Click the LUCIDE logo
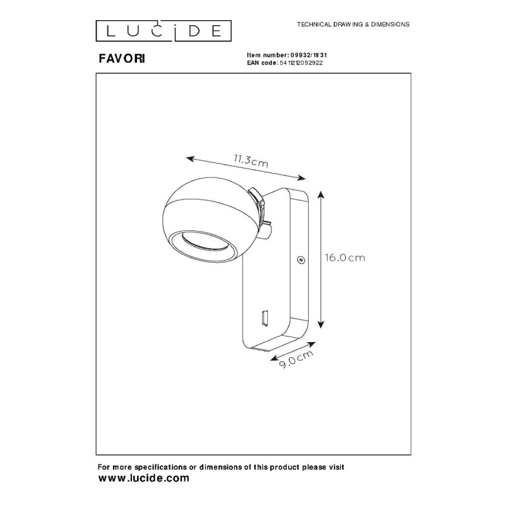pos(163,31)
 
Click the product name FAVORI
pos(122,59)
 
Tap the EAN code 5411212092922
pos(301,62)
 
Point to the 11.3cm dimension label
pos(251,160)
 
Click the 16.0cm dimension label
pos(345,258)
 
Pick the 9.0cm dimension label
pos(296,359)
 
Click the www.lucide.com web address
pos(144,478)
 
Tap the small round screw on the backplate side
pos(301,259)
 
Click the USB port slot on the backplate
pos(264,318)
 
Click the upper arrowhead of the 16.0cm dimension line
pos(321,194)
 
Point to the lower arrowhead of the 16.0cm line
pos(321,324)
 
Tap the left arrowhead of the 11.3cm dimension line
pos(190,158)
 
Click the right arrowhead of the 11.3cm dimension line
pos(302,177)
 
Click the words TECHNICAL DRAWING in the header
pos(330,25)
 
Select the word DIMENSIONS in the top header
pos(390,25)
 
